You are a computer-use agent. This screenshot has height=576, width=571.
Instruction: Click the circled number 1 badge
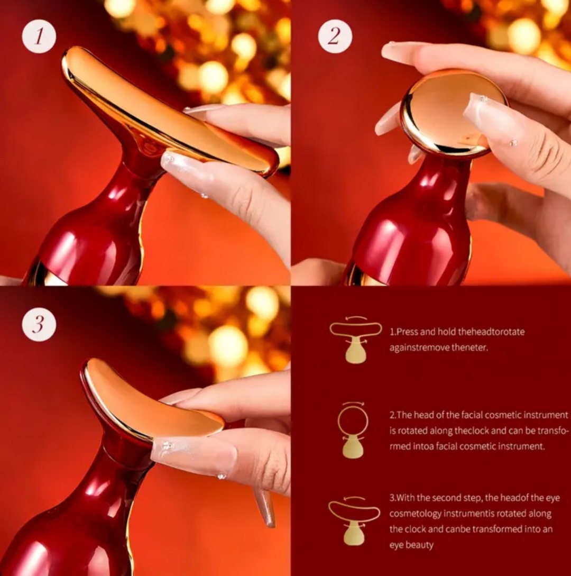[x=39, y=36]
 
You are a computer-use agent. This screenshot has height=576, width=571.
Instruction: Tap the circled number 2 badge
[x=334, y=36]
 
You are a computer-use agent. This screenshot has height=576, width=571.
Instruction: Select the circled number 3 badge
[x=39, y=324]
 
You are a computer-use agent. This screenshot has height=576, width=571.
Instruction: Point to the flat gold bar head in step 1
[x=165, y=110]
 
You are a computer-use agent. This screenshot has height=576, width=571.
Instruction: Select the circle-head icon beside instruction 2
[x=353, y=431]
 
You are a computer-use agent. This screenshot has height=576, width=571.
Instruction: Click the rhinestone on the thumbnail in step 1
[x=170, y=159]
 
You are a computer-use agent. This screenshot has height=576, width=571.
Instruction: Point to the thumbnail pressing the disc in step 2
[x=481, y=117]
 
